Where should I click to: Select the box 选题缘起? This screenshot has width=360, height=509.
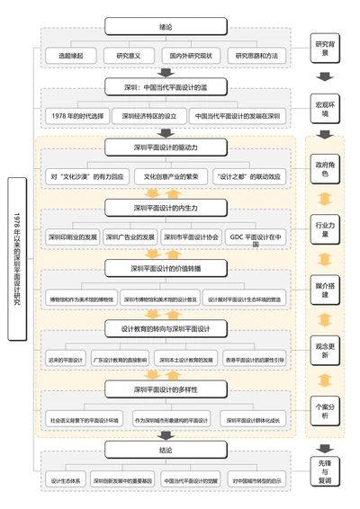pos(72,56)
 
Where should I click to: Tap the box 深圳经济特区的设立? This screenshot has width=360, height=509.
pos(150,116)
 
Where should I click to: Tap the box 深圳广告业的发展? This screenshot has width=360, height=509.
pos(130,237)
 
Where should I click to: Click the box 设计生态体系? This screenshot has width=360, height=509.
pos(66,480)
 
